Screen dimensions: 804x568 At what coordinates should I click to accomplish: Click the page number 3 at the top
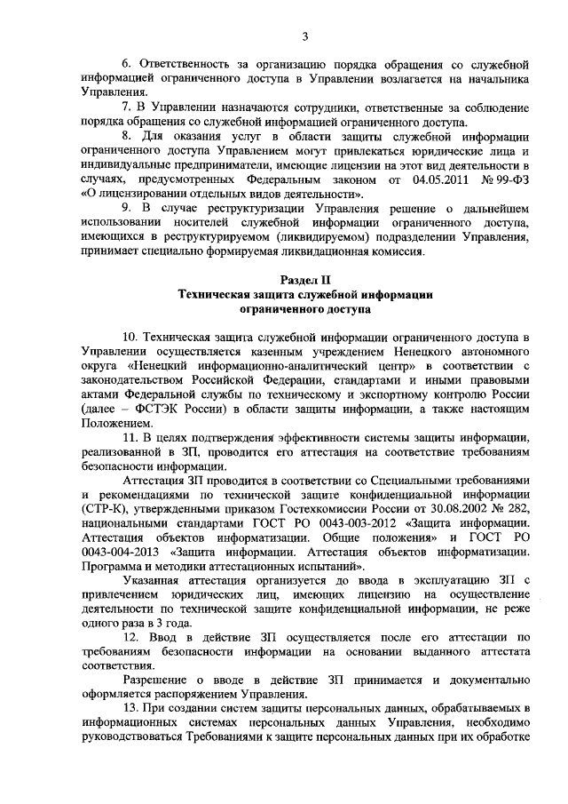304,36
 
